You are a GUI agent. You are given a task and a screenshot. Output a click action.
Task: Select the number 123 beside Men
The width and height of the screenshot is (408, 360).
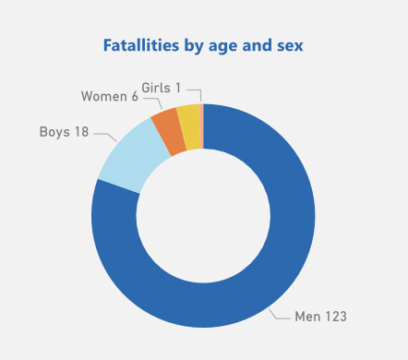335,317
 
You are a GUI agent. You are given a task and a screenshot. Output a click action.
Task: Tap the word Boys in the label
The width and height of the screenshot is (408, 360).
54,132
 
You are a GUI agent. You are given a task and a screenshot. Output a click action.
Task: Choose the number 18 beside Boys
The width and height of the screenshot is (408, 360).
81,132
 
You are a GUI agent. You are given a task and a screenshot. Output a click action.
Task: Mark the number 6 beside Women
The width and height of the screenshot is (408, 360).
135,96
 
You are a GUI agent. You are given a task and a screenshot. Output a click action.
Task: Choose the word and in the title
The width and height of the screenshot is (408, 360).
251,44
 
